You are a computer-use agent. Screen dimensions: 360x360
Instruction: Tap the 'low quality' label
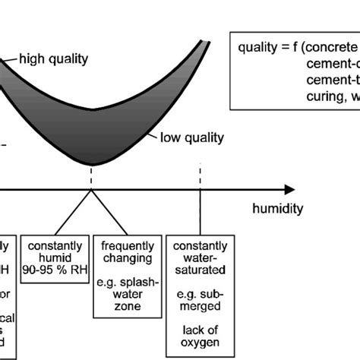[191, 137]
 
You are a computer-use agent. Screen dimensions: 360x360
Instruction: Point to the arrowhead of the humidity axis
[289, 188]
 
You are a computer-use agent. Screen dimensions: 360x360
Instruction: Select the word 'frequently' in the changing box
[127, 246]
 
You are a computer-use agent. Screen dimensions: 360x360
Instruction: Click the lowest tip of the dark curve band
[93, 164]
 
